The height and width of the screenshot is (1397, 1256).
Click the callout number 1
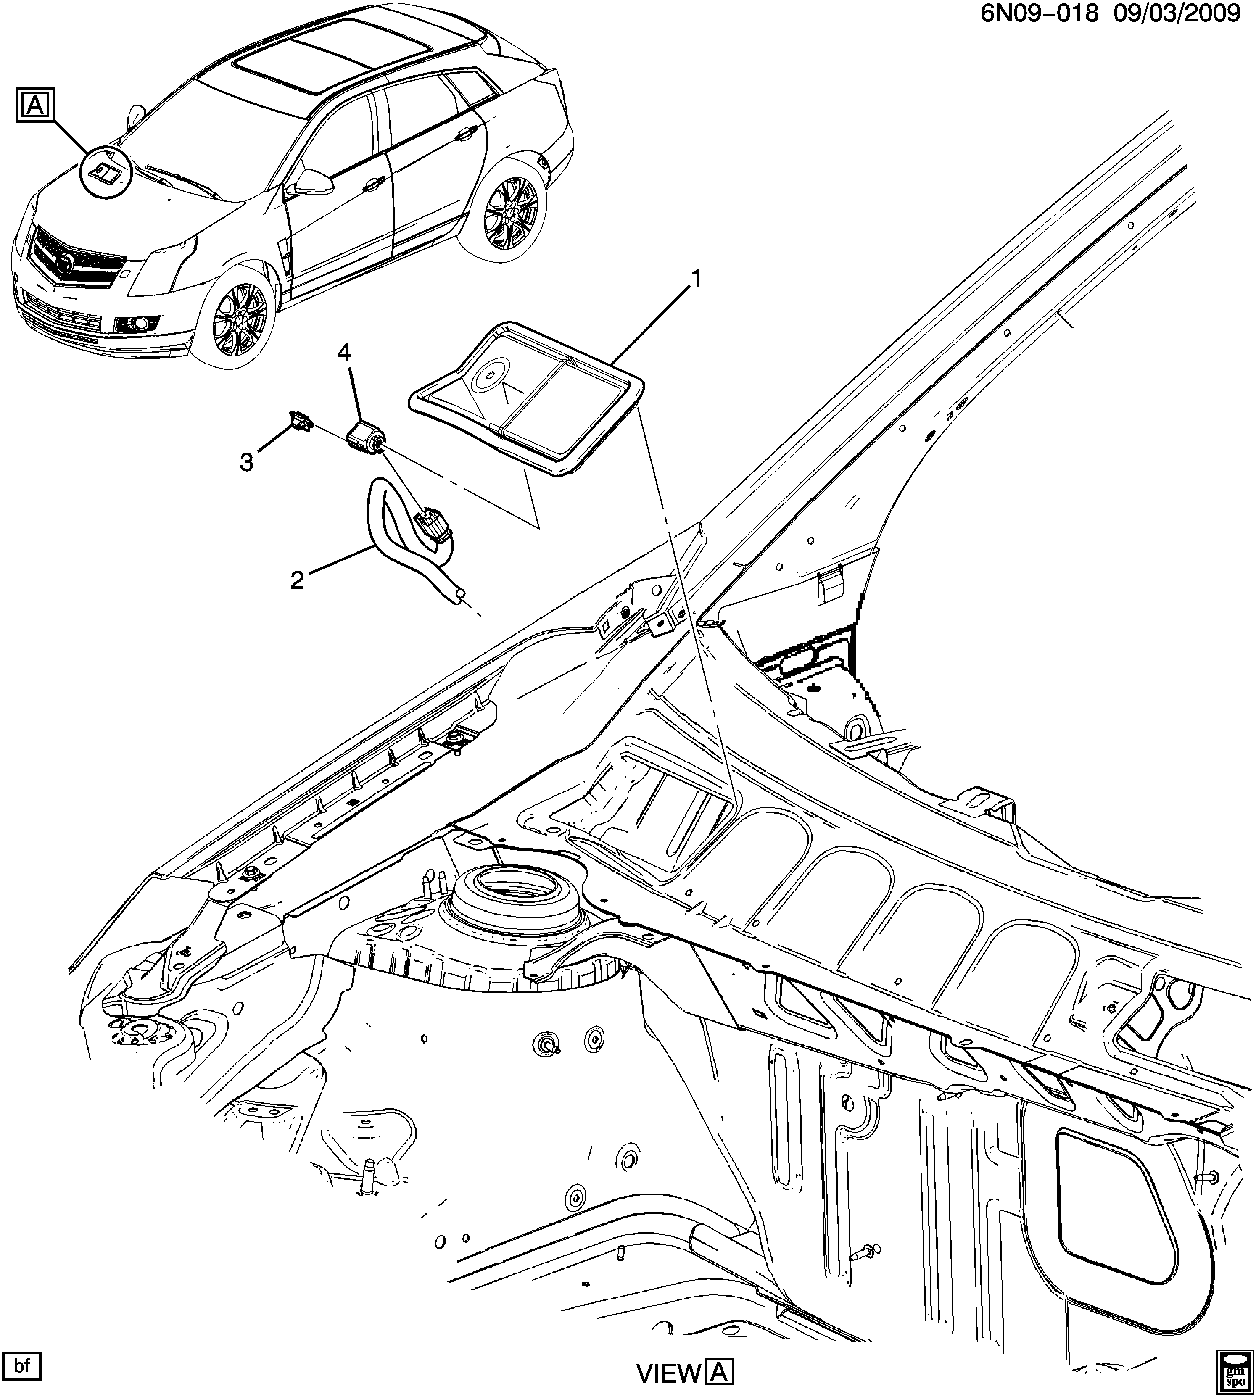pyautogui.click(x=697, y=279)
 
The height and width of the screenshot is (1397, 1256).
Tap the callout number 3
pyautogui.click(x=246, y=463)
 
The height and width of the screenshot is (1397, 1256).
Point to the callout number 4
pyautogui.click(x=344, y=354)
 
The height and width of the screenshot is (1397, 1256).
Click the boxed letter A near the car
pyautogui.click(x=34, y=105)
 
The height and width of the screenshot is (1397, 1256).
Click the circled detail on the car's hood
pyautogui.click(x=105, y=170)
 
